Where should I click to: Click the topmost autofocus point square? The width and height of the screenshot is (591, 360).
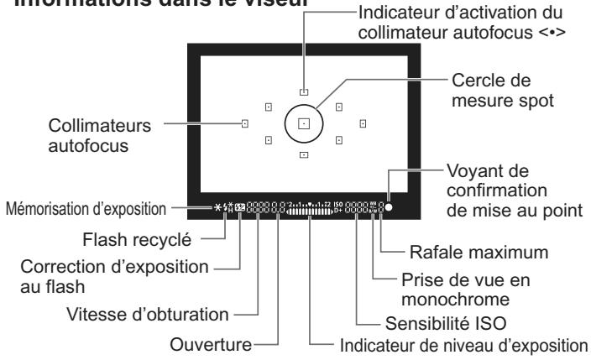click(304, 92)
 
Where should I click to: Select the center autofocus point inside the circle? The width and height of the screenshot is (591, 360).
click(304, 123)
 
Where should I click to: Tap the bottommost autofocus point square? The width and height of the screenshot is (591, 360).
click(304, 154)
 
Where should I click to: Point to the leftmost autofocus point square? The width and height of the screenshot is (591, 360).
click(244, 123)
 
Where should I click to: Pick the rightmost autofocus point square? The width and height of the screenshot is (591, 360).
click(363, 123)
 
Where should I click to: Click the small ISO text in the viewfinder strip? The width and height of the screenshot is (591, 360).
click(338, 202)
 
